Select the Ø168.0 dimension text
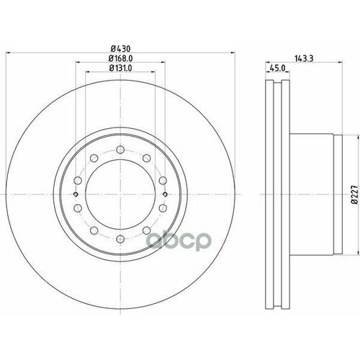click(x=119, y=59)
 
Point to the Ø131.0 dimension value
click(x=119, y=69)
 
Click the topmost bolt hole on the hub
click(x=120, y=150)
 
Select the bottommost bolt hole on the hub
click(x=120, y=238)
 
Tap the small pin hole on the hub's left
click(x=76, y=194)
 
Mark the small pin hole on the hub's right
click(x=164, y=194)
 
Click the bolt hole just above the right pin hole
click(x=163, y=181)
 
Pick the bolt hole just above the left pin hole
click(x=77, y=181)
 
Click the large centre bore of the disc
click(x=120, y=194)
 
